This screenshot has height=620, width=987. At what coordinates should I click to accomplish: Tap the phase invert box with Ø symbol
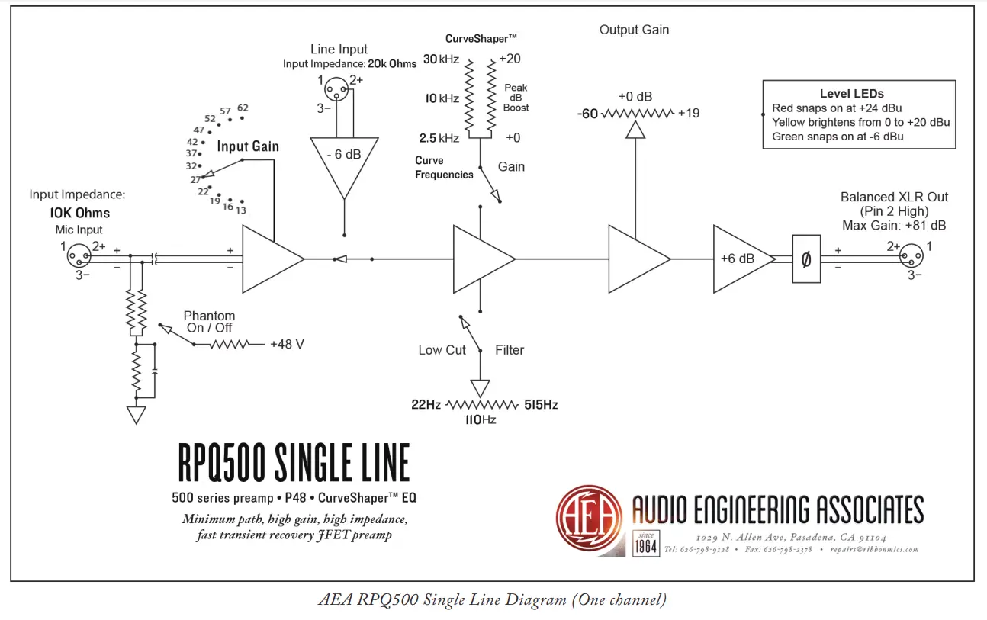[806, 259]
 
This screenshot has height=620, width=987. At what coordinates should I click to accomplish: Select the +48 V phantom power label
[287, 345]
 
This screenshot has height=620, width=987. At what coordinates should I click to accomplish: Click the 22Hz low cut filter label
[426, 404]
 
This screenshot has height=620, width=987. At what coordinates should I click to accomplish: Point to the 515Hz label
[541, 404]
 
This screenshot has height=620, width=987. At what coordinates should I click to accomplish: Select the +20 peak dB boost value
[510, 59]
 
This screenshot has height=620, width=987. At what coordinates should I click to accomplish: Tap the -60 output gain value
[587, 114]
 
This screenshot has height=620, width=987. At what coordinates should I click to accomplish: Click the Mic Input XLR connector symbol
[79, 254]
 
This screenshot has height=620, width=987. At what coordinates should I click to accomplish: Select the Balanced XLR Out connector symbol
[908, 254]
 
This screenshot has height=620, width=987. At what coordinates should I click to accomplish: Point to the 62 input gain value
[243, 108]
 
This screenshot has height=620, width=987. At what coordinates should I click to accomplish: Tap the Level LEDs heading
[851, 93]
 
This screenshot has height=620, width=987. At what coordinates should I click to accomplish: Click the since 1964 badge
[646, 544]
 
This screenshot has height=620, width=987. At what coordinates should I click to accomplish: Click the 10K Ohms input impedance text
[81, 213]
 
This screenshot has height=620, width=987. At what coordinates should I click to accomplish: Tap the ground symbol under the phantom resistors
[137, 415]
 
